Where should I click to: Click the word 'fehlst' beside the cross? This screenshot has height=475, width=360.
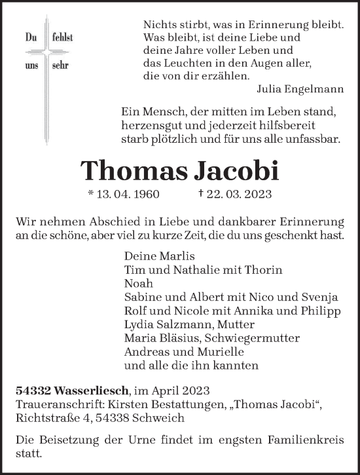[62, 38]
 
